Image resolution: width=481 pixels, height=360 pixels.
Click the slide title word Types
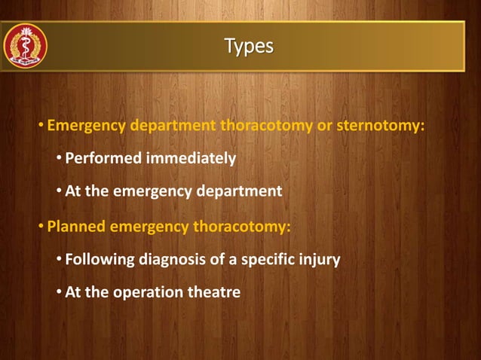(x=249, y=47)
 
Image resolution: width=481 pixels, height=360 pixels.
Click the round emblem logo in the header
(x=26, y=46)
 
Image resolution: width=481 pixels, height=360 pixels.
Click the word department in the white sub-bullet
(x=239, y=191)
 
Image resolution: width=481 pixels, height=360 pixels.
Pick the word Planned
(x=76, y=227)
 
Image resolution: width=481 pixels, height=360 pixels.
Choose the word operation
(x=148, y=292)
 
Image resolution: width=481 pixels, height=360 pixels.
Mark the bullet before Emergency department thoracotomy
(x=41, y=125)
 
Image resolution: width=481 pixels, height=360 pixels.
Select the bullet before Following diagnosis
(x=60, y=261)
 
